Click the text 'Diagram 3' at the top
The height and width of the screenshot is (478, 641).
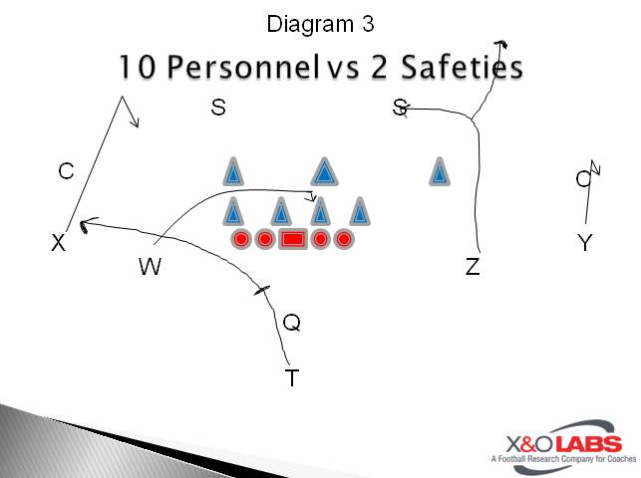pos(320,22)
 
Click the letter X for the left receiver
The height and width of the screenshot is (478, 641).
pos(59,243)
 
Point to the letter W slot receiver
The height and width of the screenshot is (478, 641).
pos(150,267)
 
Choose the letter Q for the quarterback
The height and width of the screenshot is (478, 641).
pos(291,323)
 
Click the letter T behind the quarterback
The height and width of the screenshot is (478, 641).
pos(292,378)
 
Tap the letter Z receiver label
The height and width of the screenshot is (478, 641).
pos(473,267)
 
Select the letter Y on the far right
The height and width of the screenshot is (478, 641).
pos(585,243)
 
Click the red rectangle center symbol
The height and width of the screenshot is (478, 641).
pos(292,239)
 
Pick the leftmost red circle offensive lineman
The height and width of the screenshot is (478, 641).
pos(241,239)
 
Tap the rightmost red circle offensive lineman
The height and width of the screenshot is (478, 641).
pos(344,239)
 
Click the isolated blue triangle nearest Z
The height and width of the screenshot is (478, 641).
pos(439,173)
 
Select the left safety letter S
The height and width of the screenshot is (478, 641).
pos(218,108)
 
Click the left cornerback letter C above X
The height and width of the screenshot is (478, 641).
pos(66,171)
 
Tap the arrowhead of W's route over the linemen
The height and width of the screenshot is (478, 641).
pos(311,196)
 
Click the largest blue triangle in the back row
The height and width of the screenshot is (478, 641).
pos(322,172)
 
